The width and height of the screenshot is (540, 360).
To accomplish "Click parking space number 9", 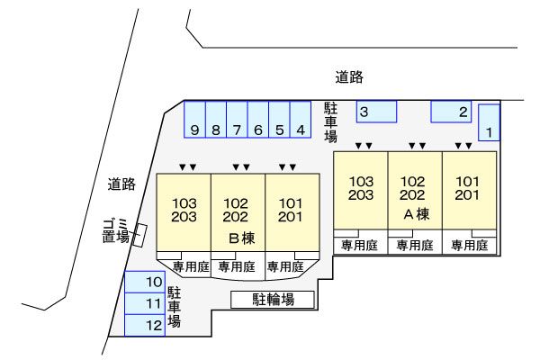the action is [x=195, y=119].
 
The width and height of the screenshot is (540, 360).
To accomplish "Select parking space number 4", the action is [x=301, y=119].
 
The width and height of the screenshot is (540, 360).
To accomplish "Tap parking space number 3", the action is [x=376, y=112].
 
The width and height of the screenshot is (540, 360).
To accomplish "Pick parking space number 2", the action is [x=451, y=112].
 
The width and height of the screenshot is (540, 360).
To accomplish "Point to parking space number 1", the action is [x=489, y=122].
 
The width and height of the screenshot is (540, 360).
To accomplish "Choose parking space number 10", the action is [x=145, y=282].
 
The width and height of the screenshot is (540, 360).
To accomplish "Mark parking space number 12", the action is [x=145, y=325].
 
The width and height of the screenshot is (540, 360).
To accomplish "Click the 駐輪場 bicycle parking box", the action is [x=273, y=300].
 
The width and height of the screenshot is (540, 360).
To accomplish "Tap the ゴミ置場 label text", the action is [x=116, y=230].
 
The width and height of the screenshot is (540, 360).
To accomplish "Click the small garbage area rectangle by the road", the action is [x=139, y=235].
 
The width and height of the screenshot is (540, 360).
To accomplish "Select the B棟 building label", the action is [x=242, y=238].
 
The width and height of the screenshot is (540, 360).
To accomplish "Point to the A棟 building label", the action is [x=417, y=214].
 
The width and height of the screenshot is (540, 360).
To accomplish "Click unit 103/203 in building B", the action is [x=184, y=211].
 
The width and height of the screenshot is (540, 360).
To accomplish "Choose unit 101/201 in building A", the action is [x=470, y=190].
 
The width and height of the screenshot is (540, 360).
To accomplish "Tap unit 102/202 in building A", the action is [x=415, y=190].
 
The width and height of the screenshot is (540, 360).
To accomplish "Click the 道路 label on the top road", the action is [x=349, y=77].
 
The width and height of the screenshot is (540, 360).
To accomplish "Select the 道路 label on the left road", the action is [x=121, y=184].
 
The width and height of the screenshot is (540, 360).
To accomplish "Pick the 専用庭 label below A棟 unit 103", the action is [x=359, y=246].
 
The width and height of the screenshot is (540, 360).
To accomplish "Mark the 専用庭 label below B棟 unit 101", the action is [x=285, y=266].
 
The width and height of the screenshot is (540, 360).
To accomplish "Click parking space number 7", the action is [x=237, y=119].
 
